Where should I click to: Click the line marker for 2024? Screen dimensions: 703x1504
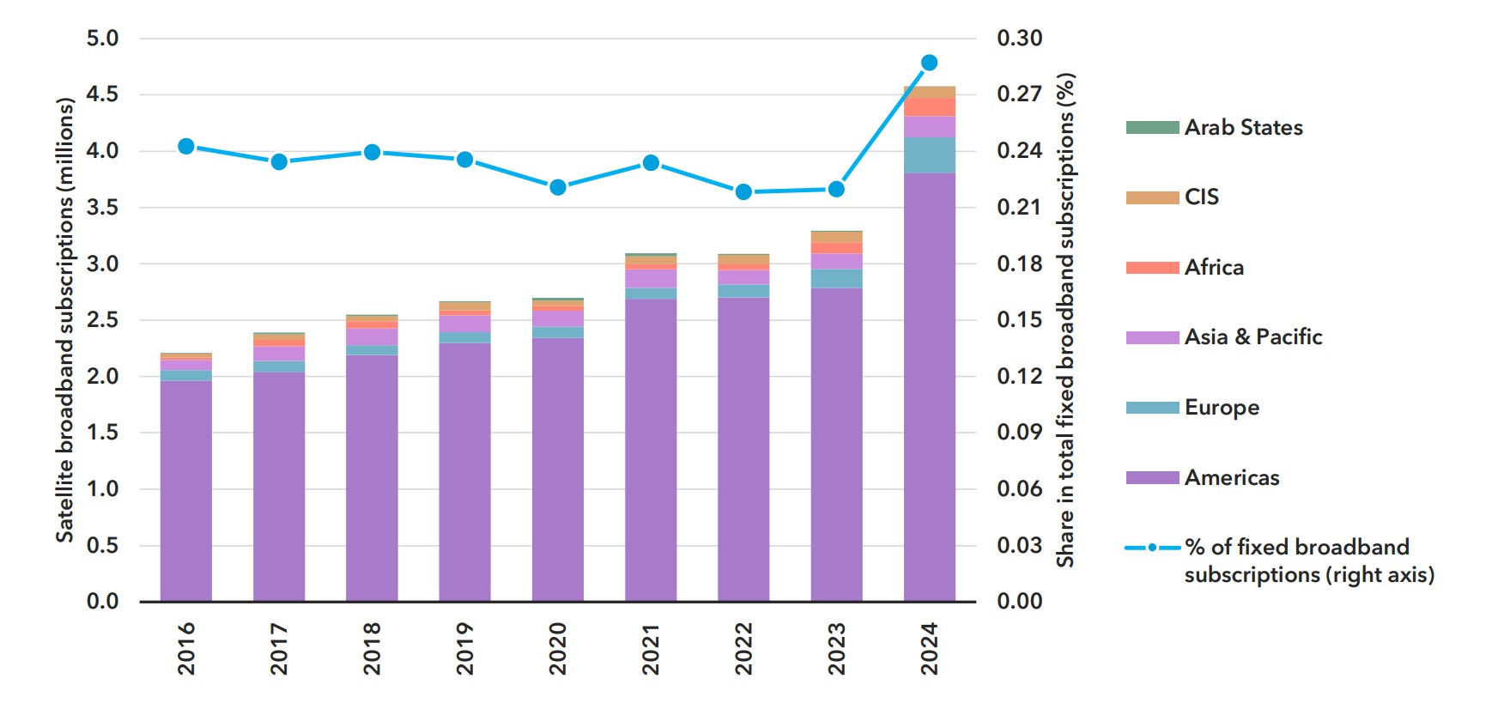pos(929,63)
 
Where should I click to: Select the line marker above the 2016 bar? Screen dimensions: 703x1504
pos(186,147)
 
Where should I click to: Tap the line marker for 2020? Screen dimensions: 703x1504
pos(558,187)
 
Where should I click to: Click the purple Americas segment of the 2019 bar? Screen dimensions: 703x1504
pos(464,472)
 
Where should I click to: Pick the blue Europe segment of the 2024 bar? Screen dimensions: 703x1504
pos(929,155)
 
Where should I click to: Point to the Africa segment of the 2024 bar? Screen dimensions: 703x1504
pos(929,107)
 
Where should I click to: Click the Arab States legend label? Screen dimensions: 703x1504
pos(1243,128)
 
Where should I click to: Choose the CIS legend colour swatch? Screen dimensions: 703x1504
pos(1152,197)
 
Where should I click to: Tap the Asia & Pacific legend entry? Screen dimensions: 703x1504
pos(1252,337)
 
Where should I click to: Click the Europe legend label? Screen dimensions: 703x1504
pos(1222,408)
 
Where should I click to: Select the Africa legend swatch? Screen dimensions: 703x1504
pos(1152,268)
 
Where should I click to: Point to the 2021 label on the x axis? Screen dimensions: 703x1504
pos(651,649)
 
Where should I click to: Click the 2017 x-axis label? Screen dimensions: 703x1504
pos(279,649)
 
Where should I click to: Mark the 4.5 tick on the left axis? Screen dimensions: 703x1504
pos(102,94)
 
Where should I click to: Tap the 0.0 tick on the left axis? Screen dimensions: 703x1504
pos(102,602)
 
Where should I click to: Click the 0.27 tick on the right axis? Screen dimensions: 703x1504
pos(1019,94)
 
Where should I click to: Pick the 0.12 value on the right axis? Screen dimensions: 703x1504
pos(1019,376)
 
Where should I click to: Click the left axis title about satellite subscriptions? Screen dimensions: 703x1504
pos(65,319)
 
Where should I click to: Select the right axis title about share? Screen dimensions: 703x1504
pos(1065,319)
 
